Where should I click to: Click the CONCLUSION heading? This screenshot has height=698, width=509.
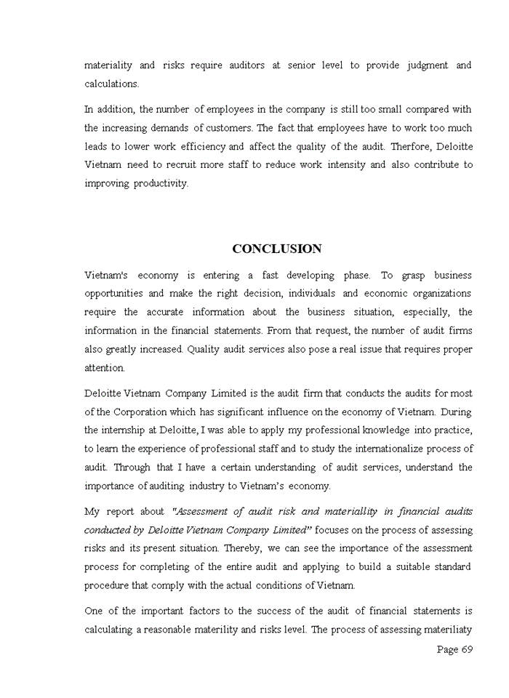[x=276, y=249]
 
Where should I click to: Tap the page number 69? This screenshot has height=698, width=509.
[x=465, y=649]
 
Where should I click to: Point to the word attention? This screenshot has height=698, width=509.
[x=105, y=368]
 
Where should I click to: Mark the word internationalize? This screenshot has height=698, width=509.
[x=383, y=449]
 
